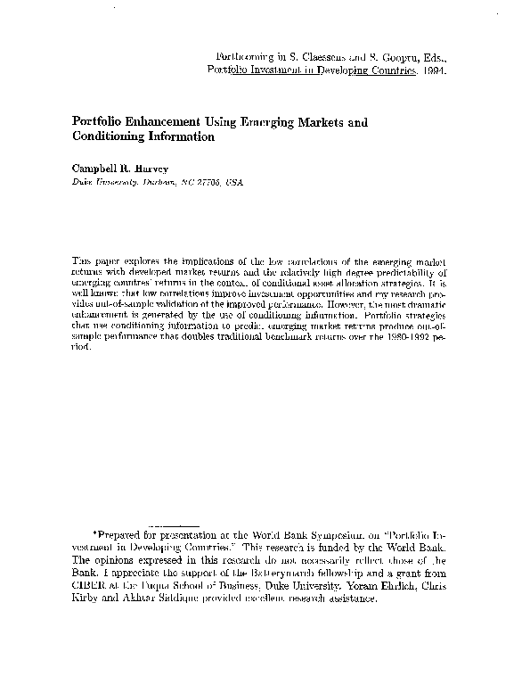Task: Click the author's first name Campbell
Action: point(92,167)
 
